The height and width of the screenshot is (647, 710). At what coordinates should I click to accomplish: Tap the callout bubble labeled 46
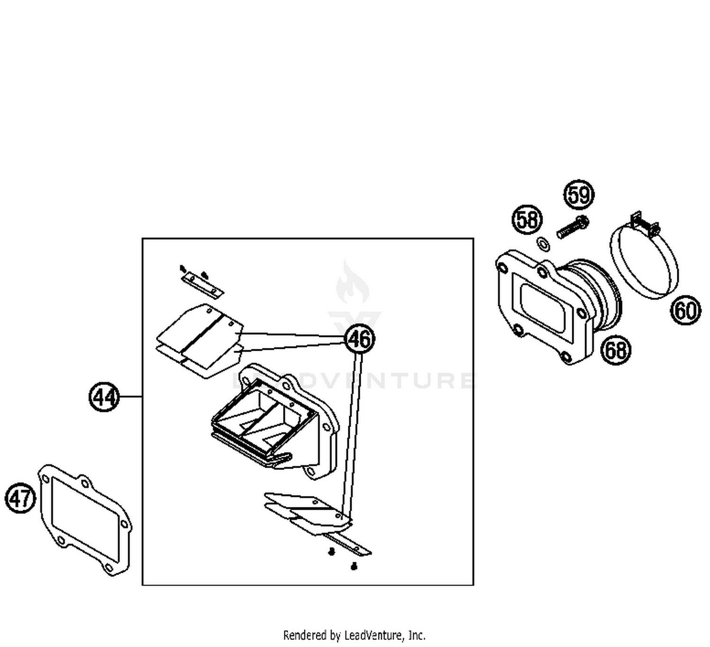pyautogui.click(x=360, y=339)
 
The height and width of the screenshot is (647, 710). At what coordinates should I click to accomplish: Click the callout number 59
pyautogui.click(x=579, y=195)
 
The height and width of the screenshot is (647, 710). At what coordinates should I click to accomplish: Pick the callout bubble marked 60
pyautogui.click(x=685, y=310)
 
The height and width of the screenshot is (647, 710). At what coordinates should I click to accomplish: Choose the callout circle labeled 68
pyautogui.click(x=616, y=350)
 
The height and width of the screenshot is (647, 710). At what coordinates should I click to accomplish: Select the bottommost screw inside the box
pyautogui.click(x=354, y=566)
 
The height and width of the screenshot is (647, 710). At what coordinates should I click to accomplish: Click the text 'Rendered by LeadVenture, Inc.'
pyautogui.click(x=354, y=635)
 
